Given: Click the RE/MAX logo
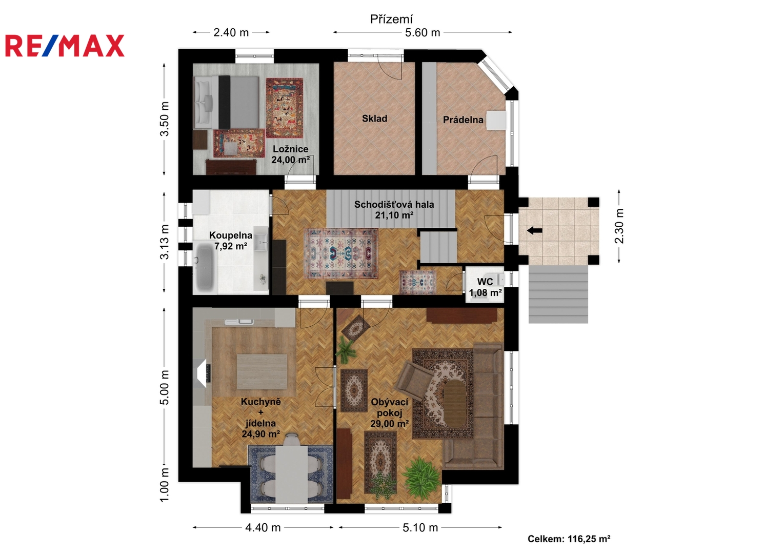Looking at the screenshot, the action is point(65,46).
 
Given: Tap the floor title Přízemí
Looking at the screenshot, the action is point(392,19).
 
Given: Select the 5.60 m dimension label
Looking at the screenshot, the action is point(422,32).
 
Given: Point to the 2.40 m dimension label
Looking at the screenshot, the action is point(231,32).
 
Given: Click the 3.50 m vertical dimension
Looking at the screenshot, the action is point(164,119).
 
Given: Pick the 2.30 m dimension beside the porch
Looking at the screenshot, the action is point(619,226).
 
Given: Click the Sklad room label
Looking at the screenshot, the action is point(374,118).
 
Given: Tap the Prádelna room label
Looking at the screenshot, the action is point(463,120).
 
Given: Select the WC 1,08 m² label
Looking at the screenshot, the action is point(486,287).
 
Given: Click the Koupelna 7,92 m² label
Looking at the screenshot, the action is point(231,241).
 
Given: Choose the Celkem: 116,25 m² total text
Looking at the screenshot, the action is point(569,539).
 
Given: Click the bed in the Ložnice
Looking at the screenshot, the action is point(227,103).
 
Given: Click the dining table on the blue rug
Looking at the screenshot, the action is point(291,474).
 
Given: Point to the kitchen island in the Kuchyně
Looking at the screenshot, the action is point(262,371).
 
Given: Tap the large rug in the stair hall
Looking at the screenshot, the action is point(341,253).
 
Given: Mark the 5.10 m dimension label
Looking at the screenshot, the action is point(420,527).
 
